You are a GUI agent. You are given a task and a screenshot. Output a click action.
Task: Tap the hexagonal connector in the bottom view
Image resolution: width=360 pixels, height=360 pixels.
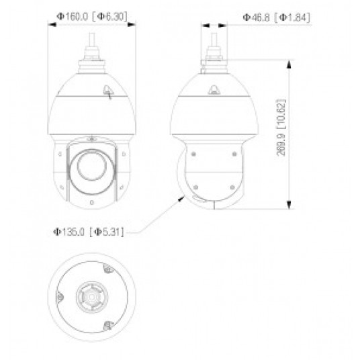pyautogui.click(x=92, y=296)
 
